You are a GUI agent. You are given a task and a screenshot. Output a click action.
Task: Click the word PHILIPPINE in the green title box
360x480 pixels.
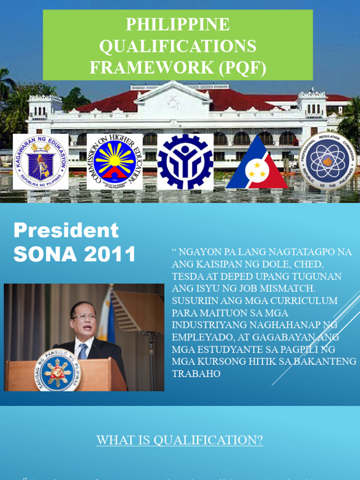178,24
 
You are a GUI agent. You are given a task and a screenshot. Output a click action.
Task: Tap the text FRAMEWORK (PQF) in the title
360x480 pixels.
178,67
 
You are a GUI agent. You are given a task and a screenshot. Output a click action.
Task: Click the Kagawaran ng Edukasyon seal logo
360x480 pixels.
40,162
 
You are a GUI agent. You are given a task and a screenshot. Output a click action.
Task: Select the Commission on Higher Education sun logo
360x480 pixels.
114,162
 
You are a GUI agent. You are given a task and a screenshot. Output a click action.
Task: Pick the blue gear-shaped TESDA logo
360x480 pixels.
185,162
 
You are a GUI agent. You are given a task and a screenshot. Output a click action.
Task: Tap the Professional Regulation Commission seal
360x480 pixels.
328,161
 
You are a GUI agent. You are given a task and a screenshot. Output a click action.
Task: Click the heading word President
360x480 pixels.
66,231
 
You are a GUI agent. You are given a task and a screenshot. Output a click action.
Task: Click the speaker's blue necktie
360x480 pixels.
83,352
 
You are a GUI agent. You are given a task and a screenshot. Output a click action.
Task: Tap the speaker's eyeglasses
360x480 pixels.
84,317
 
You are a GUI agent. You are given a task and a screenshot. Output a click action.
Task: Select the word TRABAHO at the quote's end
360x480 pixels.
196,374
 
